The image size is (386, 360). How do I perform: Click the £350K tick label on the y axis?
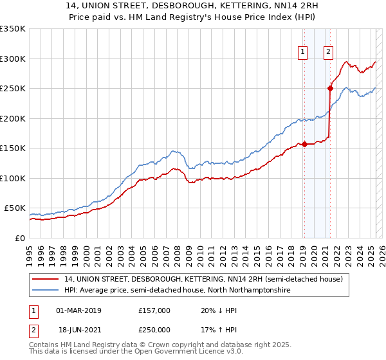pyautogui.click(x=13, y=29)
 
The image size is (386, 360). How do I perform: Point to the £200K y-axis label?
pyautogui.click(x=13, y=118)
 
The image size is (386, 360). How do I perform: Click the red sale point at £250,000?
pyautogui.click(x=330, y=89)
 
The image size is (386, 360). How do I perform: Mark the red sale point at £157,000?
pyautogui.click(x=304, y=144)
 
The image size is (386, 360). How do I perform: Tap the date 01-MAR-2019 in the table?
pyautogui.click(x=79, y=310)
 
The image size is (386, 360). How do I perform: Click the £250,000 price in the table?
pyautogui.click(x=154, y=329)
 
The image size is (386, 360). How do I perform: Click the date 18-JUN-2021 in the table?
pyautogui.click(x=79, y=329)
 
